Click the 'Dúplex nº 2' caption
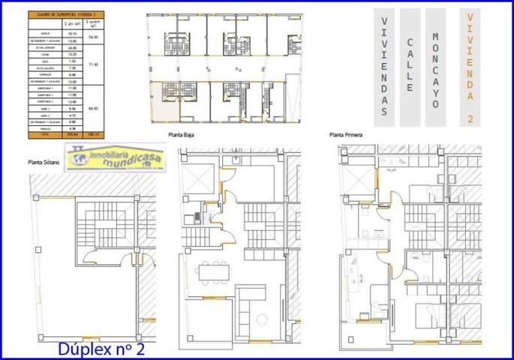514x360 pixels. click(101, 349)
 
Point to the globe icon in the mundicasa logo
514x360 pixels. click(76, 156)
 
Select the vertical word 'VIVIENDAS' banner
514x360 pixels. click(384, 66)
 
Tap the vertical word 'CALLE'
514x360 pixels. click(410, 66)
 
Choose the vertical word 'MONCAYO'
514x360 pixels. click(435, 66)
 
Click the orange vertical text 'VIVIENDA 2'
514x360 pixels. click(469, 66)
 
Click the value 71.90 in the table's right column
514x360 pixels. click(94, 64)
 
